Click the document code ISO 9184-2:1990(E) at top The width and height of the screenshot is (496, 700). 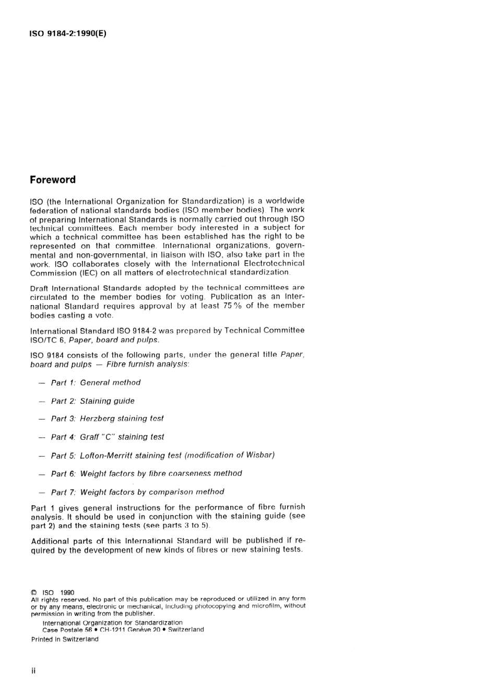click(68, 34)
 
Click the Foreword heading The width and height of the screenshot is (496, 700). click(53, 180)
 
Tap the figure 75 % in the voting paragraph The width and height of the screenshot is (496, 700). click(232, 306)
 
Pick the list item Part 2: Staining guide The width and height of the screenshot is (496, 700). click(92, 401)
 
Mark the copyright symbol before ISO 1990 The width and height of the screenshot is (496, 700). click(34, 593)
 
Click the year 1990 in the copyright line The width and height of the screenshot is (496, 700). click(67, 593)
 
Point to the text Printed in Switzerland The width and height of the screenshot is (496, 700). click(65, 639)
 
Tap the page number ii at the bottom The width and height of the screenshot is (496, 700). click(33, 671)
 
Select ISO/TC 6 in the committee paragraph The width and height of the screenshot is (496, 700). click(47, 340)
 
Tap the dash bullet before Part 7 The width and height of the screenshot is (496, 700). click(42, 493)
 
